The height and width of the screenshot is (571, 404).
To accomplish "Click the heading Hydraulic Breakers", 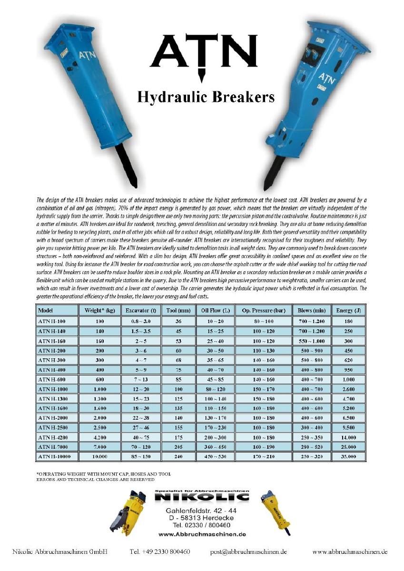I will click(206, 97).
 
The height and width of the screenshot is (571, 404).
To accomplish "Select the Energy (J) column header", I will click(348, 311).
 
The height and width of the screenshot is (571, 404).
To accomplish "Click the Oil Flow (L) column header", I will click(215, 311).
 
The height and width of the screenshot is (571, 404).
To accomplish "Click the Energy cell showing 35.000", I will click(348, 457).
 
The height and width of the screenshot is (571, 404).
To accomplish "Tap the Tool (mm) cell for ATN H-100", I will click(172, 322).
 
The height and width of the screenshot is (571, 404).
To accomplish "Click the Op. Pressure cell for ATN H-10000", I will click(263, 457).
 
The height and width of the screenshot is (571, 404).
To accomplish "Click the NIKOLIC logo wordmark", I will click(202, 497).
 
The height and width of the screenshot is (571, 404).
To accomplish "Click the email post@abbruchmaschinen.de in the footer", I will click(248, 552).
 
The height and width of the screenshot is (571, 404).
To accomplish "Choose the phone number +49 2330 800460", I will click(160, 552).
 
